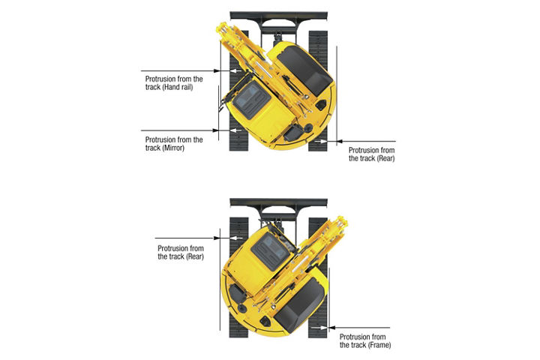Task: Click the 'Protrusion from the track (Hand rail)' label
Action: tap(174, 83)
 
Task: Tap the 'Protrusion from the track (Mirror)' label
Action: tap(174, 144)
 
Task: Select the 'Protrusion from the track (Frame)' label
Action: tap(365, 340)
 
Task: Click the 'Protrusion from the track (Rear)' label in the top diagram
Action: tap(371, 154)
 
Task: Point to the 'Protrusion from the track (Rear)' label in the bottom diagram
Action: tap(181, 252)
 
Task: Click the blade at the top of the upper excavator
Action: tap(278, 16)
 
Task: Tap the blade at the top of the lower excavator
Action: tap(278, 202)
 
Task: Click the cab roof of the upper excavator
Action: tap(252, 100)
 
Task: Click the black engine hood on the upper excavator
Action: tap(304, 71)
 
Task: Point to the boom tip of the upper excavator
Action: tap(221, 27)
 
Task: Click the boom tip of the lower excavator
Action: tap(342, 220)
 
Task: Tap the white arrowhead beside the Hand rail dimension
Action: tap(235, 71)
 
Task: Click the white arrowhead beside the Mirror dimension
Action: tap(235, 130)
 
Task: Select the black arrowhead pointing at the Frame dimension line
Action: tap(333, 328)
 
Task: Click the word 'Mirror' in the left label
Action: tap(173, 148)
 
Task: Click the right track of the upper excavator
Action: tap(318, 91)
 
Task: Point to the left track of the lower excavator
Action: tap(238, 277)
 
